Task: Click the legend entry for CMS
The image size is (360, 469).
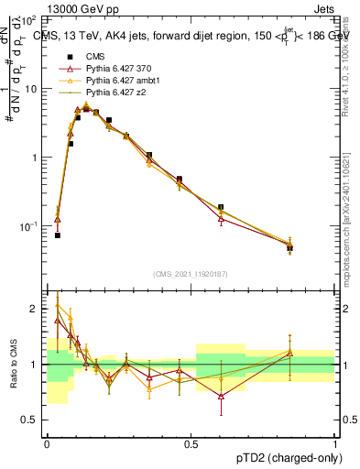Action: pos(96,58)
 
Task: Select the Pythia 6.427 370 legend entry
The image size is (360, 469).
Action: pos(116,70)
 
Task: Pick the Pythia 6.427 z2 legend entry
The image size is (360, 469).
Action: pos(114,93)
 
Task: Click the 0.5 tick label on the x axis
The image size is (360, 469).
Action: pos(191,444)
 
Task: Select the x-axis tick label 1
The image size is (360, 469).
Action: pos(335,444)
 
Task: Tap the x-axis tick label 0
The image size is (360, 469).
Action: pos(47,444)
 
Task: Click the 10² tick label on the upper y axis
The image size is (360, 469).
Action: pos(29,19)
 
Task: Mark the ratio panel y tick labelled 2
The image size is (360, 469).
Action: pos(36,309)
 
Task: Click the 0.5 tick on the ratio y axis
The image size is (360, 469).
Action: pos(31,421)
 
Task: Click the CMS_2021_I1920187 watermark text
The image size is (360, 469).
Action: pos(191,272)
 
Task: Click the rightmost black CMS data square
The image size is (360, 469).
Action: pos(289,248)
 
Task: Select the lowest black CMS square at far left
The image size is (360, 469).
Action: pos(57,235)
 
